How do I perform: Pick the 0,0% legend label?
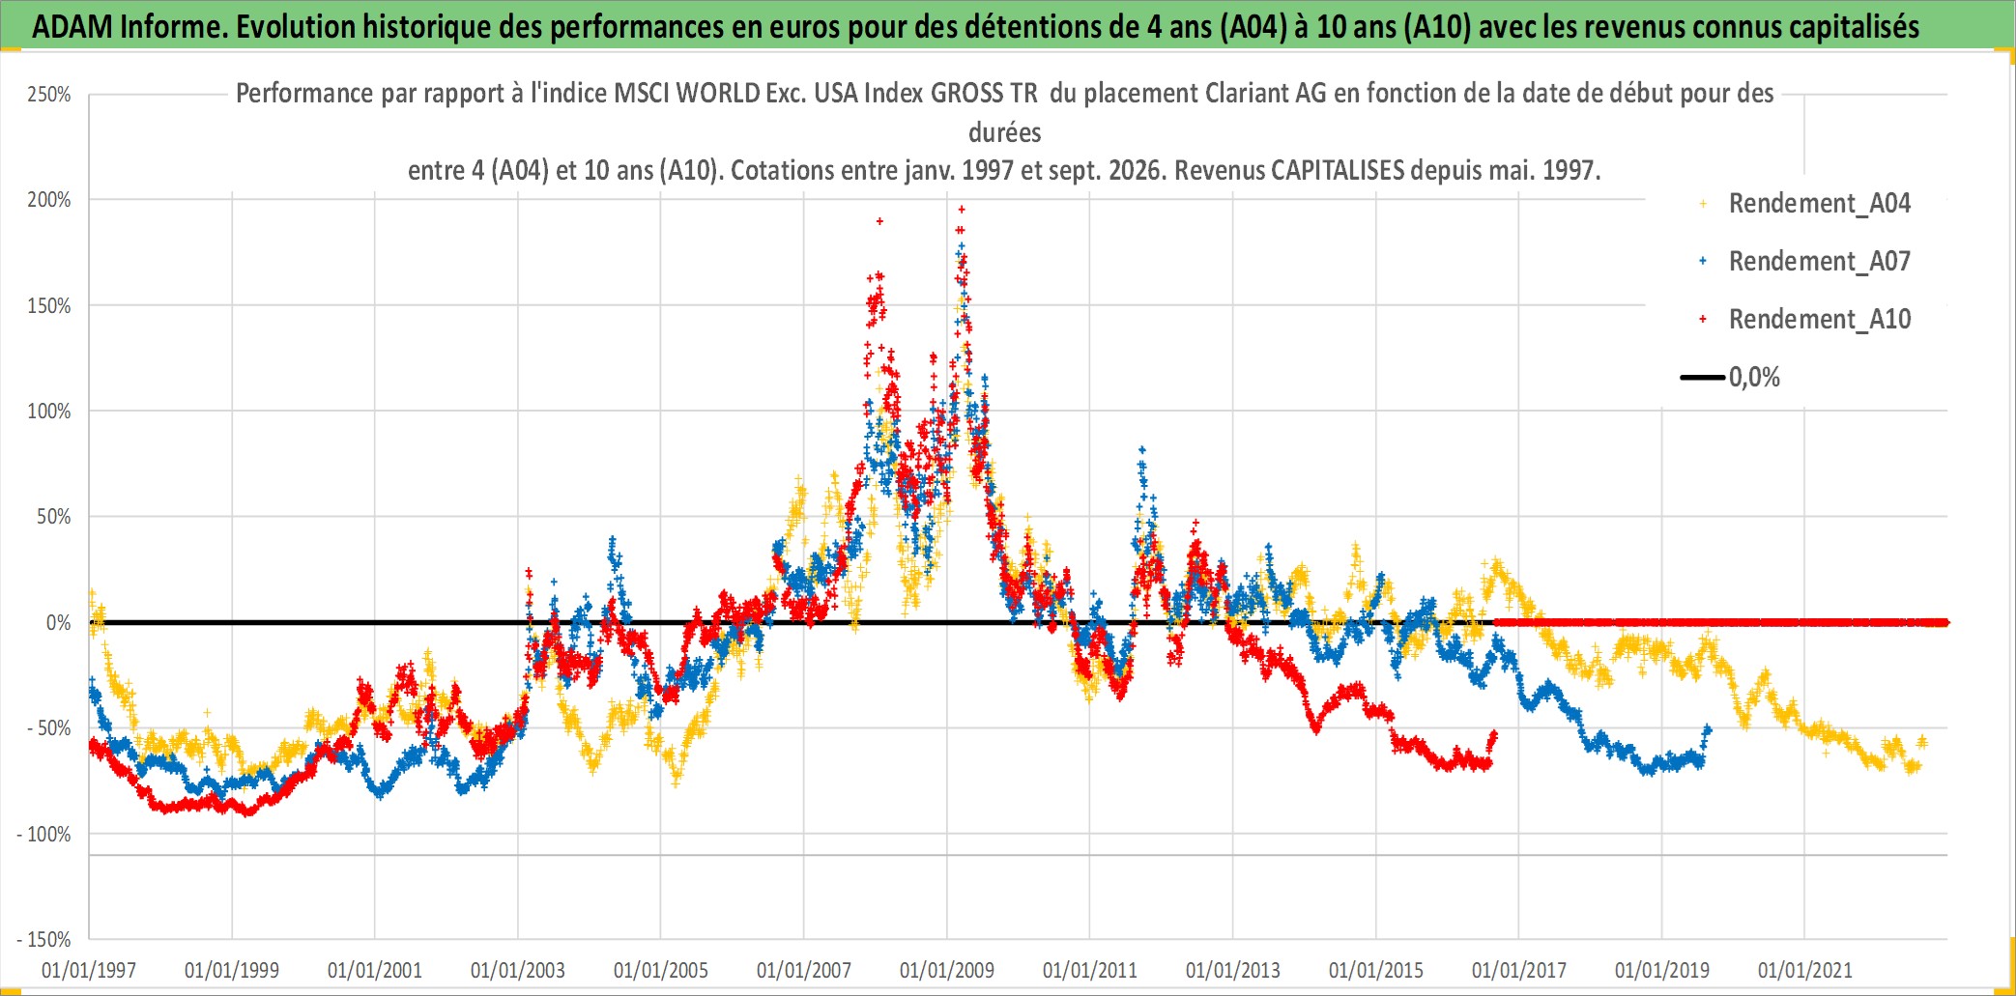tap(1754, 377)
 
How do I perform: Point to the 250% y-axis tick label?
tap(49, 95)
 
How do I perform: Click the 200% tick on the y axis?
tap(49, 200)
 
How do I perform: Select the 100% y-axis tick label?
tap(49, 412)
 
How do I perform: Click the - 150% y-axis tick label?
tap(44, 939)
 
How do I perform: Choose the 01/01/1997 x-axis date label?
tap(89, 970)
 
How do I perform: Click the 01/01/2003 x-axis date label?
tap(518, 970)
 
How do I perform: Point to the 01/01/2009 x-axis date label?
tap(947, 970)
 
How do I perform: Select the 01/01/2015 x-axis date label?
tap(1376, 970)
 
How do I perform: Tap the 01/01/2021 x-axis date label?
tap(1805, 970)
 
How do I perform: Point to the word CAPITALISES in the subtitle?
tap(1338, 170)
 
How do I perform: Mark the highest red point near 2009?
tap(962, 209)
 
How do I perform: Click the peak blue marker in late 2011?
tap(1142, 449)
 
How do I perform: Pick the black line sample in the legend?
tap(1703, 377)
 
